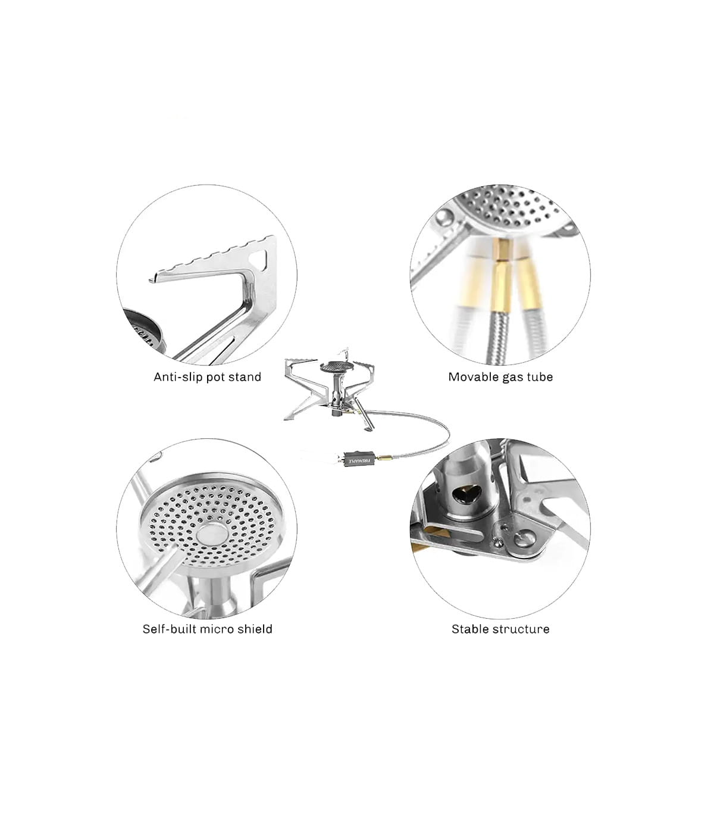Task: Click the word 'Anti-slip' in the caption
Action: pos(177,377)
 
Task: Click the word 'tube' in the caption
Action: pos(540,377)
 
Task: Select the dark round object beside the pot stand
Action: pos(143,329)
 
